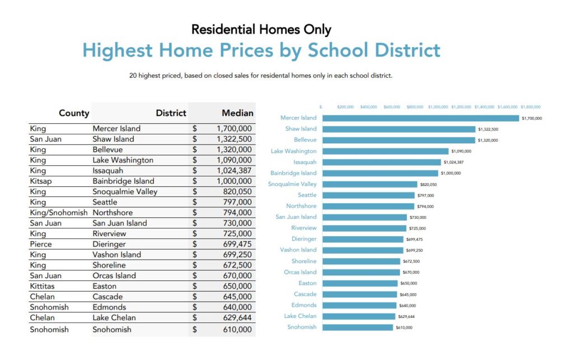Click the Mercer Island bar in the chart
[x=421, y=118]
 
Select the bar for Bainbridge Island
[x=379, y=173]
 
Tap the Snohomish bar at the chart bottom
[x=358, y=327]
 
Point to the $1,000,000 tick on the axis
[x=438, y=106]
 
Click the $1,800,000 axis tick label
[x=530, y=106]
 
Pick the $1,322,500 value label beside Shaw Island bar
[x=488, y=129]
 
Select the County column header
[x=74, y=113]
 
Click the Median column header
[x=237, y=113]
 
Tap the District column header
[x=171, y=113]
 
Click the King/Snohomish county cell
[x=59, y=213]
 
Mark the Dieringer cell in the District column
[x=109, y=244]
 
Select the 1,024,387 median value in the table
[x=234, y=171]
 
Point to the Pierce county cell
[x=41, y=244]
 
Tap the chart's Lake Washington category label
[x=293, y=151]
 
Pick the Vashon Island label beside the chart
[x=298, y=250]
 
